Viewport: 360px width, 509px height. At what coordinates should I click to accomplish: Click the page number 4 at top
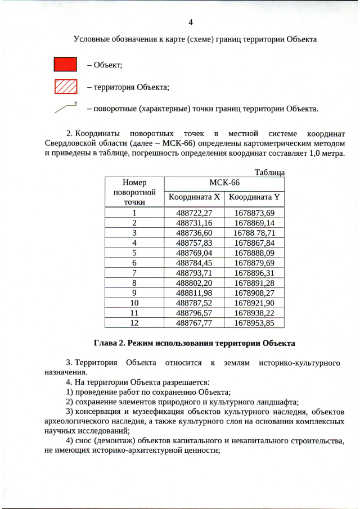(190, 22)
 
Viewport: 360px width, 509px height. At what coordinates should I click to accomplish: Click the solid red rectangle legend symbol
(65, 65)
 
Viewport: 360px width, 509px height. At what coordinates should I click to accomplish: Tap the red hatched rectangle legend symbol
(65, 87)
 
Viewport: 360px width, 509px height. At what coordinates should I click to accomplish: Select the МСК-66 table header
(224, 183)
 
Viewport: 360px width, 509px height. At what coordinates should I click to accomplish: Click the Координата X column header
(193, 197)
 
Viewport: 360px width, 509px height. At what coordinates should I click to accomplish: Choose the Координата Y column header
(254, 197)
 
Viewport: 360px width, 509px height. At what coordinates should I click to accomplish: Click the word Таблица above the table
(269, 172)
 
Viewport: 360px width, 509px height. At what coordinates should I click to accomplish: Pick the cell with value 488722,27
(193, 213)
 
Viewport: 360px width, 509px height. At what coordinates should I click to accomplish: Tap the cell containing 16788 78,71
(254, 232)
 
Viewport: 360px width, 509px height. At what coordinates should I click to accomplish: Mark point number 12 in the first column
(134, 323)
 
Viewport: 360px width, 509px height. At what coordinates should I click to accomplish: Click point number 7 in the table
(134, 273)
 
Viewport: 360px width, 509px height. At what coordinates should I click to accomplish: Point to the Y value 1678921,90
(254, 303)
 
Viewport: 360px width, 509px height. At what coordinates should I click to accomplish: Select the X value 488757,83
(193, 242)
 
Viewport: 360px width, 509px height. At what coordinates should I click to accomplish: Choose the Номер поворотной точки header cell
(134, 192)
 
